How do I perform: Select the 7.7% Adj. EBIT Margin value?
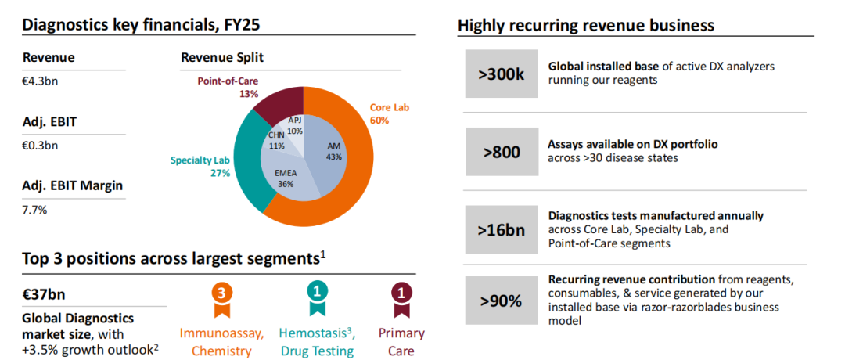35,211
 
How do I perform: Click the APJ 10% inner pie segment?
294,126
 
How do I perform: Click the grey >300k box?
501,74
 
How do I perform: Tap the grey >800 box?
501,152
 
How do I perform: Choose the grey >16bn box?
501,230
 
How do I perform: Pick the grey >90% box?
501,301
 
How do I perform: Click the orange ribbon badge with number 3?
221,296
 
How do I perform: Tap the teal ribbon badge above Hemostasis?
317,296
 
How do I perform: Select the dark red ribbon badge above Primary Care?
401,296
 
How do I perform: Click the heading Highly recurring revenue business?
586,25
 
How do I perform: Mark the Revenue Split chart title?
222,57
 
